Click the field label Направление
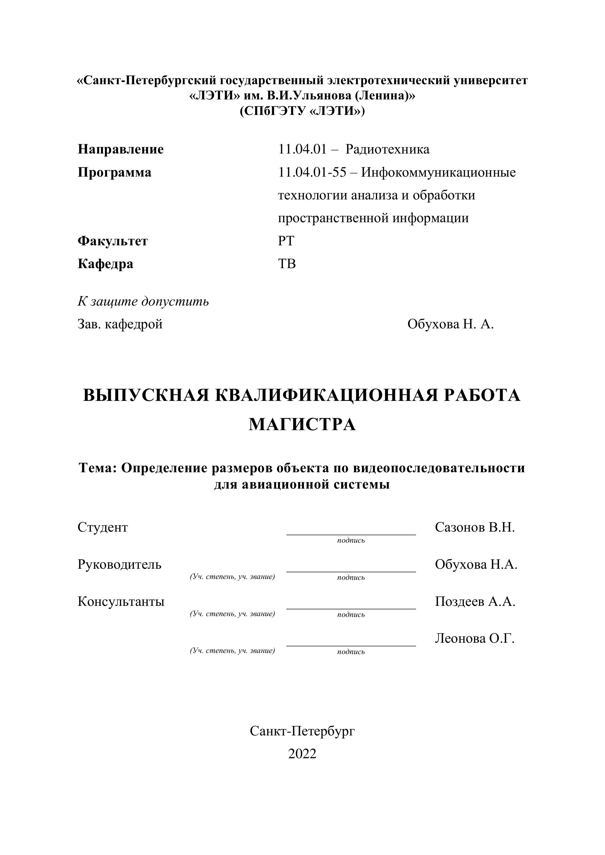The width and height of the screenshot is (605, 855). [x=120, y=149]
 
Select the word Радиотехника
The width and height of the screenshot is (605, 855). [x=387, y=149]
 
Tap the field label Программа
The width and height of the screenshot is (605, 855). [x=114, y=173]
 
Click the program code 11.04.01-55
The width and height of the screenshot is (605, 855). [x=312, y=173]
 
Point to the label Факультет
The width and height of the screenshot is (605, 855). [x=113, y=241]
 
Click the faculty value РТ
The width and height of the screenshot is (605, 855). [x=286, y=241]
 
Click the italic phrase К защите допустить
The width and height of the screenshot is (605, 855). [x=143, y=301]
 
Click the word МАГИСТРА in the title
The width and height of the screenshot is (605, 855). [x=302, y=425]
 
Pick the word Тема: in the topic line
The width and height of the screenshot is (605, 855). [x=98, y=468]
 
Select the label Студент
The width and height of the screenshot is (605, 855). [x=102, y=527]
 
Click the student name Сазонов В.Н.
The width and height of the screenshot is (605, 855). [x=474, y=527]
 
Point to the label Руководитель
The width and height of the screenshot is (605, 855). [x=119, y=565]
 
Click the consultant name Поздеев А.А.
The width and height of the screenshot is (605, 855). [x=475, y=601]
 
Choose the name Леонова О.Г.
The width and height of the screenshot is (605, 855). [x=474, y=639]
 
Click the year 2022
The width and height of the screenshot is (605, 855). [x=302, y=754]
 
